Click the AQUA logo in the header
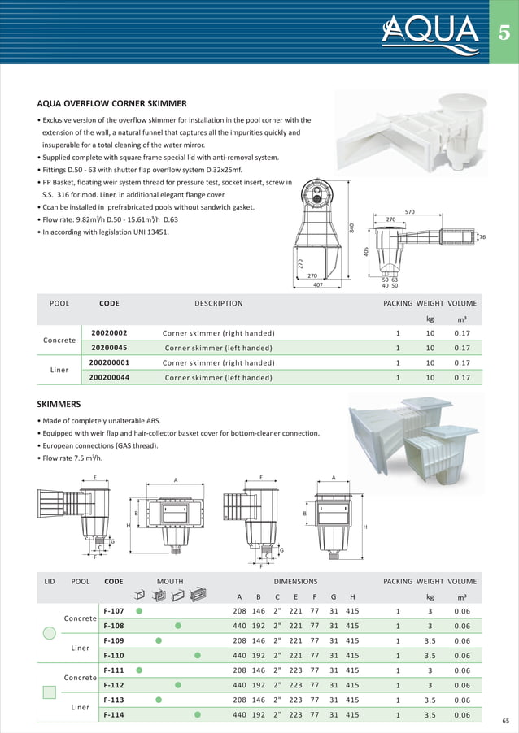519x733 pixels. click(431, 32)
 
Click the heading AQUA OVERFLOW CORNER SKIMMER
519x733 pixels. click(112, 104)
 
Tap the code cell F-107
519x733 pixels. click(113, 611)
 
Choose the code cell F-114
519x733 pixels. click(113, 714)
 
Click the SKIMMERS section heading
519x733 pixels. click(59, 404)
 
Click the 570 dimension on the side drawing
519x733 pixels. click(410, 212)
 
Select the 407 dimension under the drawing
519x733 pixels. click(318, 285)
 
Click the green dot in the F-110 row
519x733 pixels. click(198, 655)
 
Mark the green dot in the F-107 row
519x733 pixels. click(139, 611)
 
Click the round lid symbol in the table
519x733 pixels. click(49, 633)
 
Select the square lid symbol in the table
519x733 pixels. click(49, 692)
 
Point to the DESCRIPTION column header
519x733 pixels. click(218, 304)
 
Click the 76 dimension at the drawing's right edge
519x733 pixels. click(483, 237)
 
